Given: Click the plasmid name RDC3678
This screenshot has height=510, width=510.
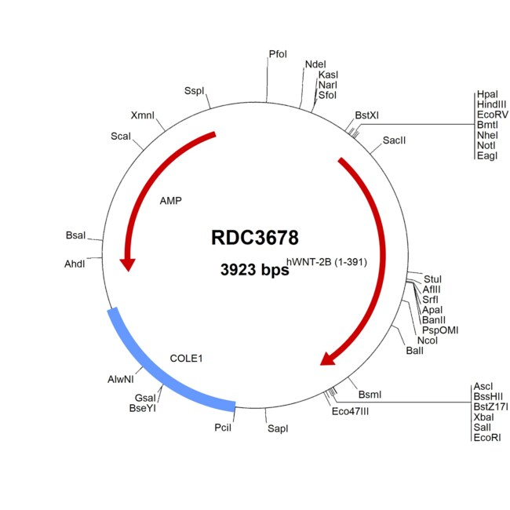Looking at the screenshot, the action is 255,238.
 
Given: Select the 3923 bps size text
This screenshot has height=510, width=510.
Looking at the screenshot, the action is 255,270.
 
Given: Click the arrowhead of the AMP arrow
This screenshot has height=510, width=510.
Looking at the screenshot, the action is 128,264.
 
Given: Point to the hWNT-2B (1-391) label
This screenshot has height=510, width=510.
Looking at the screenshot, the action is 326,262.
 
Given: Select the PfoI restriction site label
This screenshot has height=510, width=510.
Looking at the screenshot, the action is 278,54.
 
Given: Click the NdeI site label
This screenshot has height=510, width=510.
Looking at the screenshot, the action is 315,64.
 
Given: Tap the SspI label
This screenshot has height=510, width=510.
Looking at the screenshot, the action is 194,91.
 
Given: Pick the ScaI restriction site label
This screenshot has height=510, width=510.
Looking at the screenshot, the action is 121,137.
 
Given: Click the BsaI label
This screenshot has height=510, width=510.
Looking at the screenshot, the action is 75,235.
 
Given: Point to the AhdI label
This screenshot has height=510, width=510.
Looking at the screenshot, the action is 75,264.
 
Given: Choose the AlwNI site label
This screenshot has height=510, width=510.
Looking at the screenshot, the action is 121,379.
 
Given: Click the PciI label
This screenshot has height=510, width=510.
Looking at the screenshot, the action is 223,428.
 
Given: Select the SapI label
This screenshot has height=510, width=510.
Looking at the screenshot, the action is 278,428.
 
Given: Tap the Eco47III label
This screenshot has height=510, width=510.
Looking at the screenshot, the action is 350,411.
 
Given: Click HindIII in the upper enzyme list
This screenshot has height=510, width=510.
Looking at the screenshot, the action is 491,104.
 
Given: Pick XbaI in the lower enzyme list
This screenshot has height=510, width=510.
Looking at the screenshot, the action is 483,417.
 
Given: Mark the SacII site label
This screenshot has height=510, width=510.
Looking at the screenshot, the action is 394,140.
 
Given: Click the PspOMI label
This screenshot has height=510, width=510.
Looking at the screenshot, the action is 440,330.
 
